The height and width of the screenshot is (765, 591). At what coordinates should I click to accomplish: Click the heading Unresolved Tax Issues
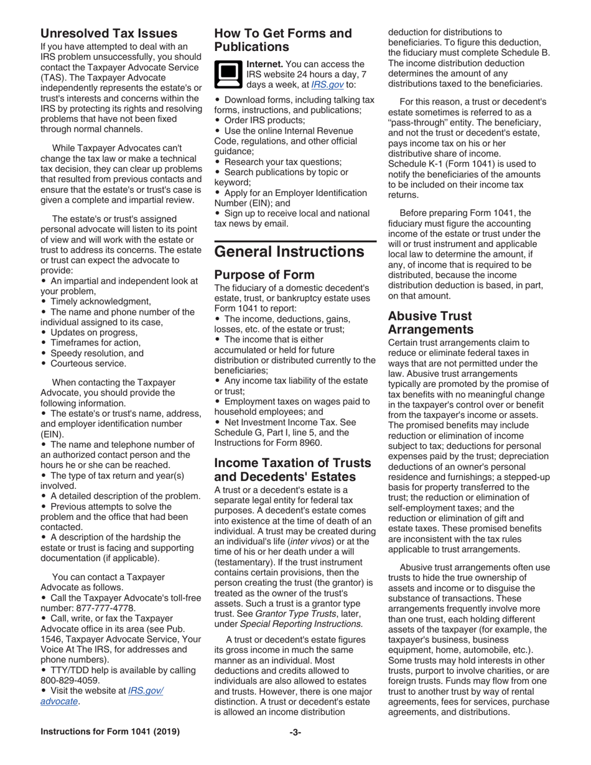(x=109, y=33)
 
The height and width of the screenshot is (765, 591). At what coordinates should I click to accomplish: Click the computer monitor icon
(x=228, y=74)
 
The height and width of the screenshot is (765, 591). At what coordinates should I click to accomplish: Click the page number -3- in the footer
(x=295, y=732)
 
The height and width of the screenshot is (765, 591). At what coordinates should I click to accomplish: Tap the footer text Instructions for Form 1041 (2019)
(x=110, y=732)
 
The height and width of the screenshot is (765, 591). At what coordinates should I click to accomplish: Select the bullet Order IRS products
(x=264, y=120)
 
